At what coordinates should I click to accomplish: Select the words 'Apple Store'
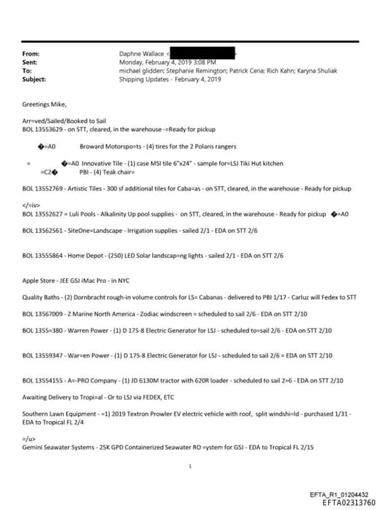tap(39, 282)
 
